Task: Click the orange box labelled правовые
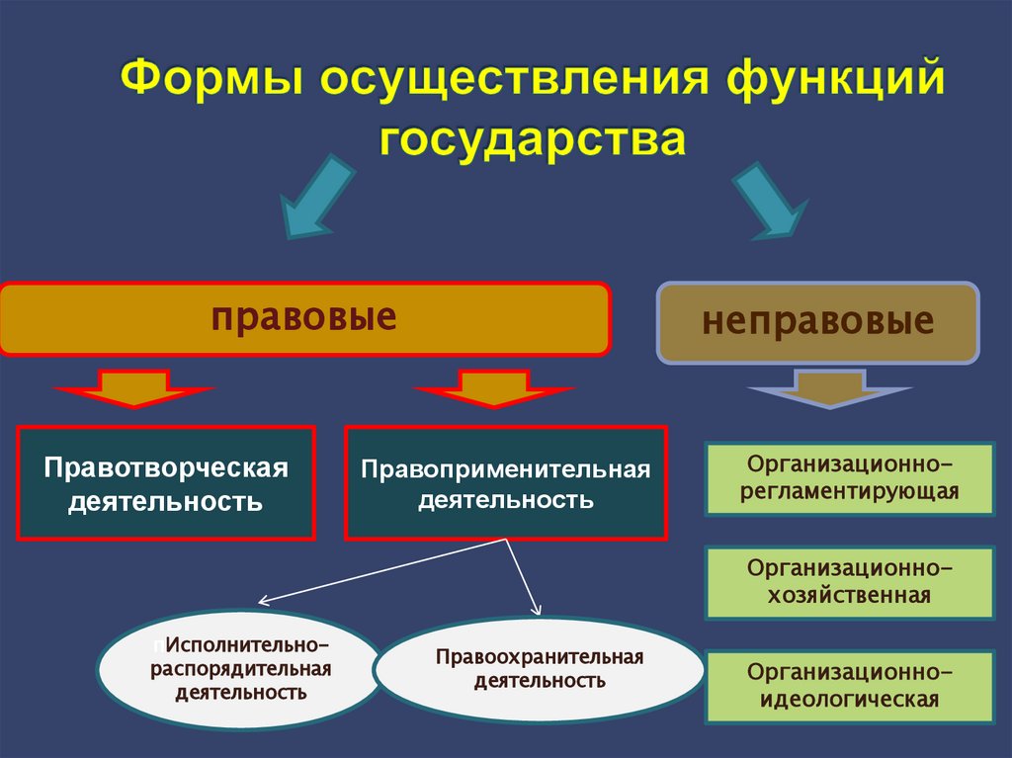click(304, 318)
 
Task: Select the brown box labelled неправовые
click(818, 322)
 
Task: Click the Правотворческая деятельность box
click(166, 483)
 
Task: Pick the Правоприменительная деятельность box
click(505, 483)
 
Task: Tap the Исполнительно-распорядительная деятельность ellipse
click(240, 669)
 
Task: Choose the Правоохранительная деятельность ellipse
click(539, 669)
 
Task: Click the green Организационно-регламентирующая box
click(849, 478)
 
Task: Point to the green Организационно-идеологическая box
click(849, 686)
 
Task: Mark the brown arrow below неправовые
click(829, 388)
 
